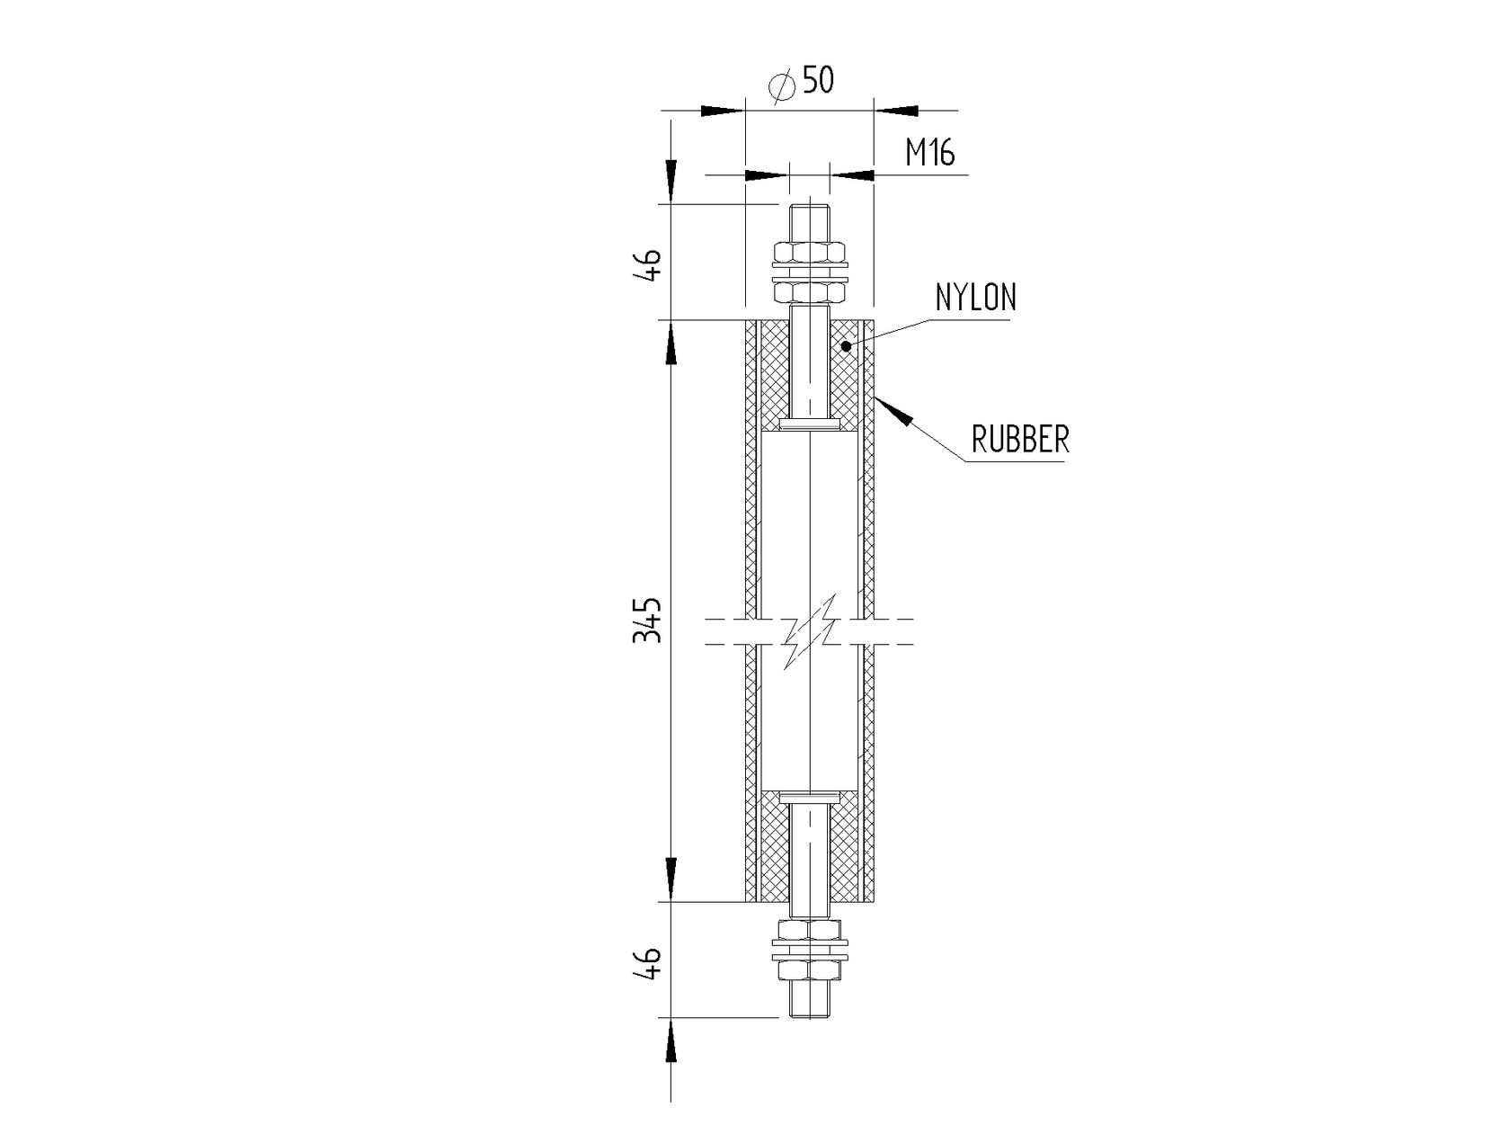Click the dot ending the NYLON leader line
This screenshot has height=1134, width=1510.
[846, 345]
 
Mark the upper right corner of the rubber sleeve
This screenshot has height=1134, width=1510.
[874, 320]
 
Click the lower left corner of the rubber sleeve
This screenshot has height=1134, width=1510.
[746, 901]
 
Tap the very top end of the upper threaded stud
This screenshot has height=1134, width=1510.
[810, 204]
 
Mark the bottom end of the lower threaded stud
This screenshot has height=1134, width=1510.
[810, 1016]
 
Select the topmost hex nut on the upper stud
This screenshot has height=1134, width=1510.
[810, 251]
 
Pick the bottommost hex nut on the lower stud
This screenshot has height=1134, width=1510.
[810, 970]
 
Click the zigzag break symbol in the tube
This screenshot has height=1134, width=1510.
[811, 631]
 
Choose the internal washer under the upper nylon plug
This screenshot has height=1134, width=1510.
[810, 424]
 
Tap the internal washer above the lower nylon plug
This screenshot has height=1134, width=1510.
[810, 798]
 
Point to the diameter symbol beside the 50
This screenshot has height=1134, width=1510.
[782, 85]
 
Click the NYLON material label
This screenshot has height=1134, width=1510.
[975, 298]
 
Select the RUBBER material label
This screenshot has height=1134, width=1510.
[1020, 439]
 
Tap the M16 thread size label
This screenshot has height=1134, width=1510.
[930, 153]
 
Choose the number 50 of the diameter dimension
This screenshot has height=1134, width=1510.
[818, 80]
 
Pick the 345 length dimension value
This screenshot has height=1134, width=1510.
[165, 621]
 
